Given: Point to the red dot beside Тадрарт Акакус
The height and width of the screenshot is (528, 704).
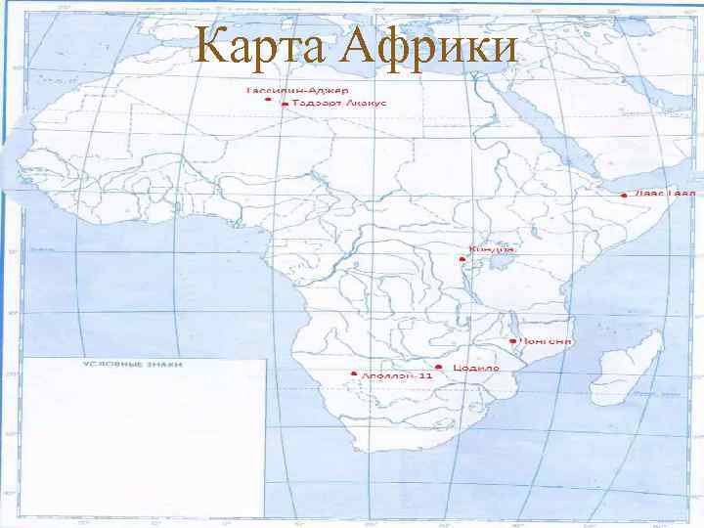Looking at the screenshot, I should [x=284, y=103].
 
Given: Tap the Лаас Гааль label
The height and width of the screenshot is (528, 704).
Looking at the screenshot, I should [x=664, y=193].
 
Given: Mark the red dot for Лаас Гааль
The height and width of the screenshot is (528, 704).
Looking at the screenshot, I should [x=624, y=195].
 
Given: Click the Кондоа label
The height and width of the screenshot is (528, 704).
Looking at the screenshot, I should [x=492, y=249].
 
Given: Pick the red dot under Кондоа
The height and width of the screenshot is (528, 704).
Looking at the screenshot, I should [x=462, y=259].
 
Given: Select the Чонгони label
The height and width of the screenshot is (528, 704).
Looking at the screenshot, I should [x=548, y=341].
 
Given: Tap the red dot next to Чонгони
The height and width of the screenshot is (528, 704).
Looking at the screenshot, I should [x=513, y=341].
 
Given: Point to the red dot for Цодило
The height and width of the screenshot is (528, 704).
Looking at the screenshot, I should [x=440, y=367].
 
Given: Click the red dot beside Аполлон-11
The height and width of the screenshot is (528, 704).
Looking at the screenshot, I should [x=354, y=374].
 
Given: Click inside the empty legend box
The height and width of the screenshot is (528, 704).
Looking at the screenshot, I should [x=145, y=440].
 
